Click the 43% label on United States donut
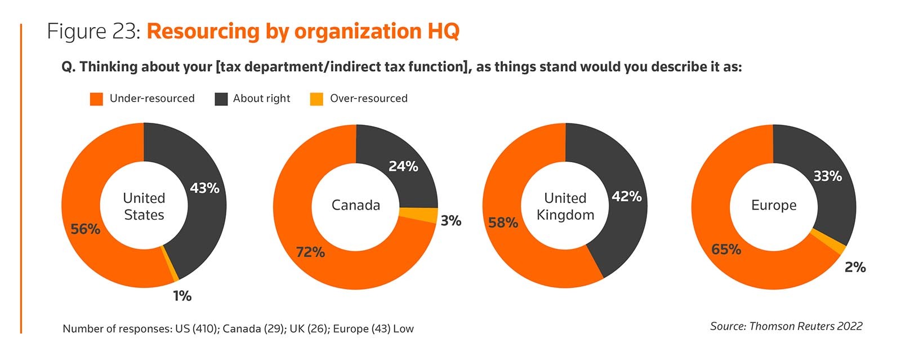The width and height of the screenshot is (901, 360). pyautogui.click(x=204, y=188)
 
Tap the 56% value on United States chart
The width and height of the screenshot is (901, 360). pyautogui.click(x=86, y=229)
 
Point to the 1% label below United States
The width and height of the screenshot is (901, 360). pyautogui.click(x=182, y=296)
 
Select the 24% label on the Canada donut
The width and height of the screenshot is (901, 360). pyautogui.click(x=403, y=166)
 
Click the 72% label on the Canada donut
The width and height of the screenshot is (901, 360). pyautogui.click(x=310, y=252)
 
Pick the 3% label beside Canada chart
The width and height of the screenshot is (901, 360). pyautogui.click(x=450, y=221)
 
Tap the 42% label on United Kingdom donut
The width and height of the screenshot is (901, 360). pyautogui.click(x=627, y=197)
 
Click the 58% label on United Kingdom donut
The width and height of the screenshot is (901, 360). pyautogui.click(x=503, y=223)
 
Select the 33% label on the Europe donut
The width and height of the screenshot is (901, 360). pyautogui.click(x=827, y=176)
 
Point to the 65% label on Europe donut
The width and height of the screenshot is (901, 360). pyautogui.click(x=726, y=250)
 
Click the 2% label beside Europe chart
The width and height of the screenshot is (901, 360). pyautogui.click(x=855, y=267)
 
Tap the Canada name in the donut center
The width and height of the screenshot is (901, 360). pyautogui.click(x=356, y=205)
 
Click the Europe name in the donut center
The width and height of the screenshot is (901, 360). pyautogui.click(x=774, y=205)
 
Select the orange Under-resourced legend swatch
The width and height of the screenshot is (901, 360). pyautogui.click(x=96, y=99)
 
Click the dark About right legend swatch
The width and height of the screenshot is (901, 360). pyautogui.click(x=221, y=99)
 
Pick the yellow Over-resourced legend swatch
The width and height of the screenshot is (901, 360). pyautogui.click(x=316, y=99)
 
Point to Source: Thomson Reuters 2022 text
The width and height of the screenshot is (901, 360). pyautogui.click(x=786, y=326)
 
